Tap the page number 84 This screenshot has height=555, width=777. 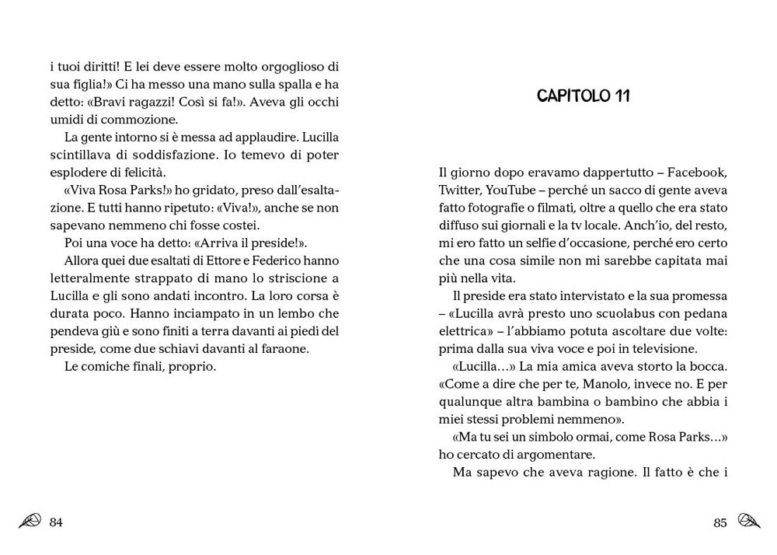(x=55, y=522)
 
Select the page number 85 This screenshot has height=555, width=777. (x=720, y=522)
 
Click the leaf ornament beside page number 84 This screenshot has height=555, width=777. (x=30, y=522)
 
